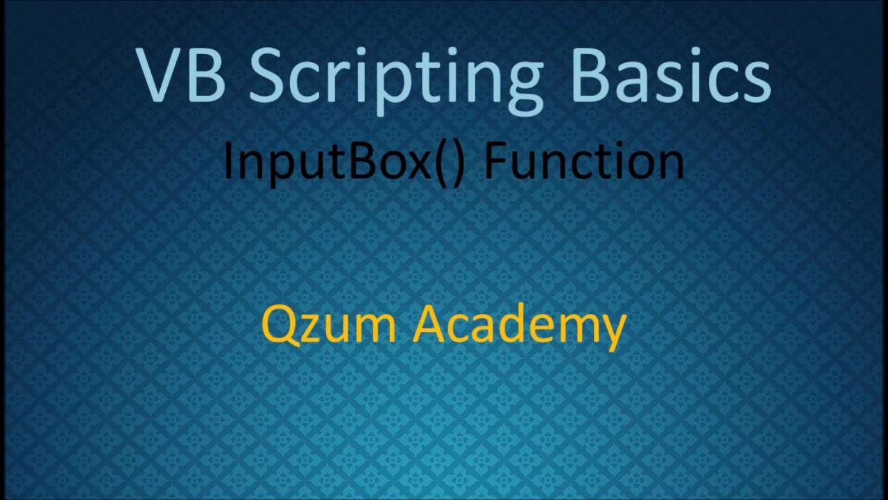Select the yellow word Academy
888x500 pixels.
pyautogui.click(x=519, y=326)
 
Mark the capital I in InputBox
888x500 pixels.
pyautogui.click(x=228, y=162)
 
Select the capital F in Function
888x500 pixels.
pyautogui.click(x=495, y=162)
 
